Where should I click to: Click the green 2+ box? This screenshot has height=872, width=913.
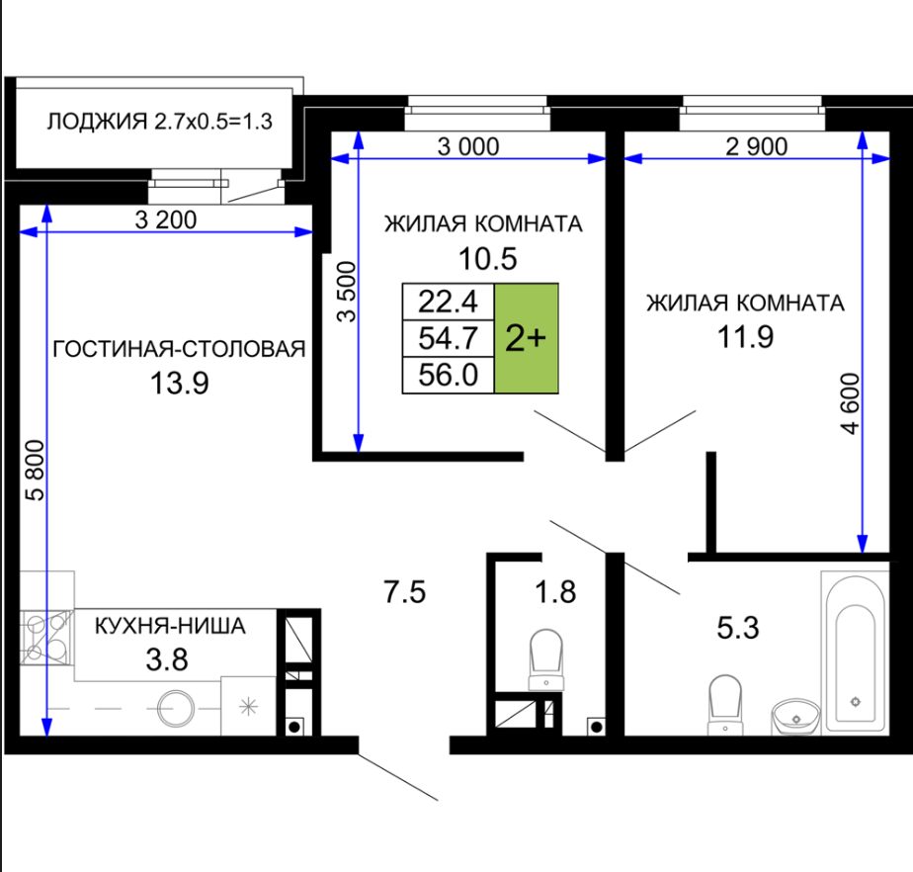[x=527, y=338]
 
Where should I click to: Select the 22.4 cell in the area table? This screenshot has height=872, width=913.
[x=448, y=302]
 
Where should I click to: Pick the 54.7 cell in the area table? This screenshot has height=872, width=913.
[x=448, y=338]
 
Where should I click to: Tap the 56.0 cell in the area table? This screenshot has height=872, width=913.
[x=448, y=375]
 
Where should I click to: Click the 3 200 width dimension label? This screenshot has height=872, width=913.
[x=166, y=220]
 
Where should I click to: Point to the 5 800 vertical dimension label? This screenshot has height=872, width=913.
[x=36, y=470]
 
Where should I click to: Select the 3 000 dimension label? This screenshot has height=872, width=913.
[x=468, y=146]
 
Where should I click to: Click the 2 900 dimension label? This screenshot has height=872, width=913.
[x=756, y=146]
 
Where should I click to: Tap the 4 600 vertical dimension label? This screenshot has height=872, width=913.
[x=850, y=403]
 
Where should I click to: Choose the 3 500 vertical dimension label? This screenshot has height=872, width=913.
[x=347, y=292]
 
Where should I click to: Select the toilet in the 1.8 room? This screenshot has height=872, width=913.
[x=546, y=660]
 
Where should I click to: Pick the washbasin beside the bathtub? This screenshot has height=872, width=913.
[x=796, y=717]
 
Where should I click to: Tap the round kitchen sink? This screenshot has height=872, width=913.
[x=175, y=708]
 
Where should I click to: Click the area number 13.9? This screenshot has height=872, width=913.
[x=180, y=384]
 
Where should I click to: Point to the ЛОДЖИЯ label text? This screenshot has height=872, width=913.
[x=97, y=122]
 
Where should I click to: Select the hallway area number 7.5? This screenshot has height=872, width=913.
[x=405, y=592]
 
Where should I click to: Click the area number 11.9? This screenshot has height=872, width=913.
[x=745, y=337]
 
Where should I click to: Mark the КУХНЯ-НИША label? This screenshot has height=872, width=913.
[x=170, y=626]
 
